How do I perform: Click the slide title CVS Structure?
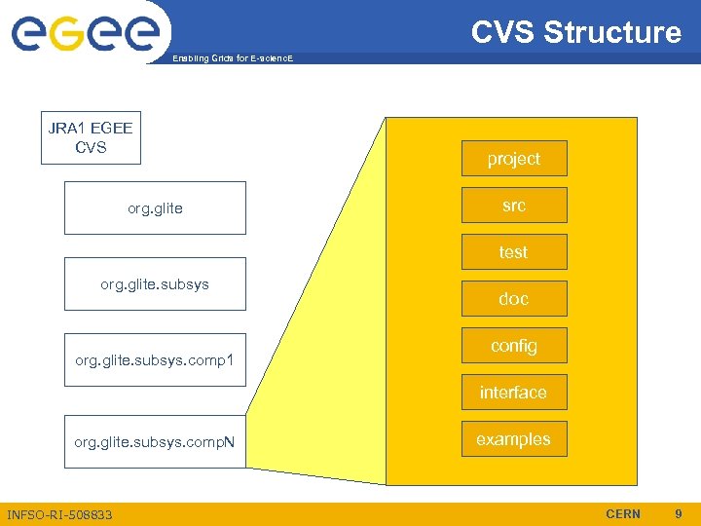[x=576, y=32]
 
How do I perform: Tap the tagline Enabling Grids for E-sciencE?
[x=232, y=59]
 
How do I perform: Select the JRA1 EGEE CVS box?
[x=91, y=137]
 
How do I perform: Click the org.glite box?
[x=155, y=207]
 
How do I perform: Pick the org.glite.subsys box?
[x=155, y=283]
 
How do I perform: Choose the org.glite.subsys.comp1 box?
[x=155, y=360]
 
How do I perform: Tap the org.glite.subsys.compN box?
[x=155, y=441]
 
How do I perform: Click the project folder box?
[x=513, y=159]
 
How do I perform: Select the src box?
[x=513, y=206]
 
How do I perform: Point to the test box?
[x=513, y=252]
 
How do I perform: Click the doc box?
[x=513, y=299]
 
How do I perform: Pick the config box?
[x=513, y=346]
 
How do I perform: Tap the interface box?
[x=513, y=393]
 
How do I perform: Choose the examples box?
[x=513, y=439]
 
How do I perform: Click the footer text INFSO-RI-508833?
[x=59, y=514]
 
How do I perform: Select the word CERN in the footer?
[x=623, y=513]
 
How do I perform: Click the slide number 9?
[x=679, y=513]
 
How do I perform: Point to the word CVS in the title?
[x=503, y=32]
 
